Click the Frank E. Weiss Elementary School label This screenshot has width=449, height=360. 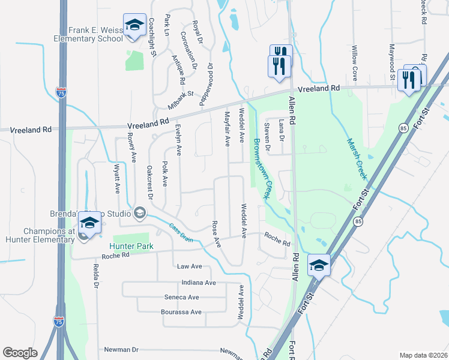tap(86, 34)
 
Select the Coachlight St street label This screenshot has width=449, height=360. tap(152, 37)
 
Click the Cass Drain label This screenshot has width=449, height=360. tap(181, 232)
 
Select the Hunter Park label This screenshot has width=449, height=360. tap(131, 247)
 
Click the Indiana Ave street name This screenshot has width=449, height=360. tap(197, 283)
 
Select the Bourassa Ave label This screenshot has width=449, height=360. tap(181, 312)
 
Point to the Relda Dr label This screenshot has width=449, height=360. tap(95, 275)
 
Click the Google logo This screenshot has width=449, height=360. tap(20, 353)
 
